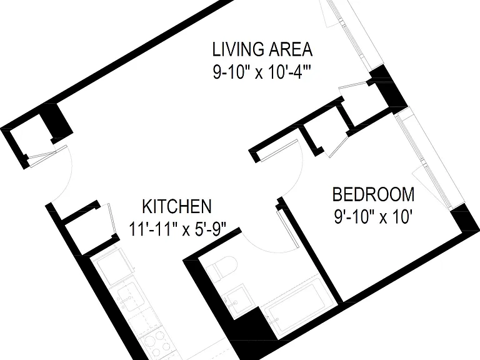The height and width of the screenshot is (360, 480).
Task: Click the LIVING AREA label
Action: tap(262, 49)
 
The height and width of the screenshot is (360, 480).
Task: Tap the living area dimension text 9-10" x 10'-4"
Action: tap(262, 73)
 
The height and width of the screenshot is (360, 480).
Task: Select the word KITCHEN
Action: tap(177, 207)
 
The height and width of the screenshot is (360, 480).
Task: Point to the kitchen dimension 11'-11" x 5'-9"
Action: tap(177, 229)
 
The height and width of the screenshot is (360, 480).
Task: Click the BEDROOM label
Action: tap(374, 194)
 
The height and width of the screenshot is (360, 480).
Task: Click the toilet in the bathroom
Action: tap(221, 269)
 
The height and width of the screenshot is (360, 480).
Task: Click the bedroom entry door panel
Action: tap(279, 151)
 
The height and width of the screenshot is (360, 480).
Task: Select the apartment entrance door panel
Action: tap(48, 156)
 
